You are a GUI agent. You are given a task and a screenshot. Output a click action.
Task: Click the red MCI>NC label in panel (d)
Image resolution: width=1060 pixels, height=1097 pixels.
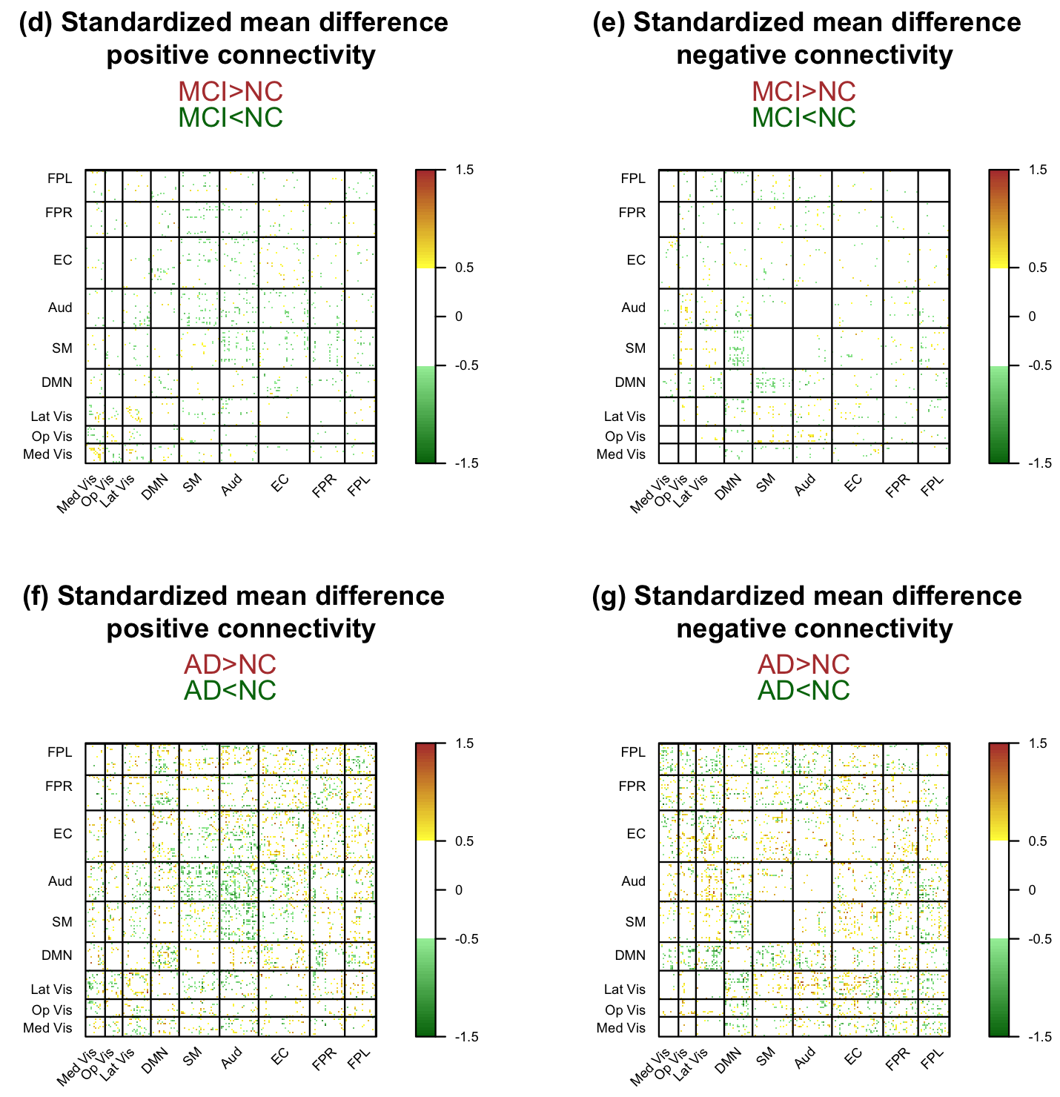point(231,91)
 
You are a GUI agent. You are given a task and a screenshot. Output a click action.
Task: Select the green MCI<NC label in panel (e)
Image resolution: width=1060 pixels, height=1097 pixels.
point(804,117)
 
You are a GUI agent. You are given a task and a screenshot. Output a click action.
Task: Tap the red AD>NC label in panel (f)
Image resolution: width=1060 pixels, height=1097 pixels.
point(231,664)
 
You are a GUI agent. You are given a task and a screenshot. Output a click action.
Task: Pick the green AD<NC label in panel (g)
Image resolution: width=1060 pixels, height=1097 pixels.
point(804,691)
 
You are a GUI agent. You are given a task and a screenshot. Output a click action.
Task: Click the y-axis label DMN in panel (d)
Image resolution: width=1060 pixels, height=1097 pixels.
point(57,382)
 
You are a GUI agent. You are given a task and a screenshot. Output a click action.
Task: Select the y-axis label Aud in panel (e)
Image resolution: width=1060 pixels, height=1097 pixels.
point(634,308)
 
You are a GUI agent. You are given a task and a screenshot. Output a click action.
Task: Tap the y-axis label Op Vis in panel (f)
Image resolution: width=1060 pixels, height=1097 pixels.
point(52,1010)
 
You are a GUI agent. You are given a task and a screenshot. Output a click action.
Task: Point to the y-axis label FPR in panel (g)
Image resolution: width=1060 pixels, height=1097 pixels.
point(632,786)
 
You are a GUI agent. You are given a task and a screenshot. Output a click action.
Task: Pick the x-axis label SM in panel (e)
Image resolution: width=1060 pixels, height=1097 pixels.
point(766,484)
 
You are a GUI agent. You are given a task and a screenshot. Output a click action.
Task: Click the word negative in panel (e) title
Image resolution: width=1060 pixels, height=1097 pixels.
point(729,56)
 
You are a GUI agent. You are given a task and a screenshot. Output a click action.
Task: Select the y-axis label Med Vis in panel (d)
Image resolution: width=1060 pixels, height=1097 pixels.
point(47,454)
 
